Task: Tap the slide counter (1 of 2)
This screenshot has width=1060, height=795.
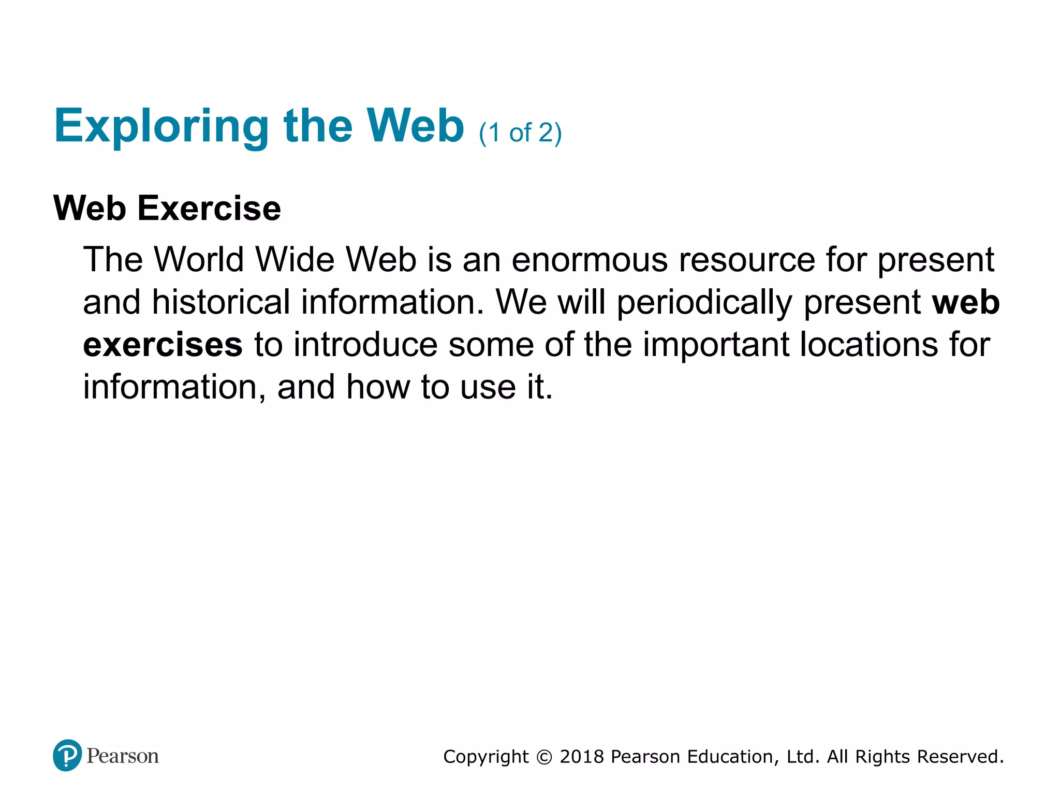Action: [x=520, y=133]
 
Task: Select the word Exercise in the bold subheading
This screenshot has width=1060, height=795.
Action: [x=209, y=208]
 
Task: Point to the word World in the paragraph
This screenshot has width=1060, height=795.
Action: [x=199, y=259]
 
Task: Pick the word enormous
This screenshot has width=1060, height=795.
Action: [x=590, y=259]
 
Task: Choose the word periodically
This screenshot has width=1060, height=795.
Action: [x=704, y=303]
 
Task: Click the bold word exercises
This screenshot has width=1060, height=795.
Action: [x=163, y=345]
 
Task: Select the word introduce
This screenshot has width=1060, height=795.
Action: [x=365, y=345]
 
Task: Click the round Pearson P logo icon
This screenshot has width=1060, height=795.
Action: [x=67, y=756]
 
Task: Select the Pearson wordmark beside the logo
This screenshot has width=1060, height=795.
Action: [x=123, y=756]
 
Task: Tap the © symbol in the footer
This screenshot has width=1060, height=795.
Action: [x=544, y=757]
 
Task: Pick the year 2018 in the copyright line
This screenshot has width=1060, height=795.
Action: [x=582, y=757]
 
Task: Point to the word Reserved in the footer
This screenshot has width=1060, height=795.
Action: [x=960, y=757]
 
